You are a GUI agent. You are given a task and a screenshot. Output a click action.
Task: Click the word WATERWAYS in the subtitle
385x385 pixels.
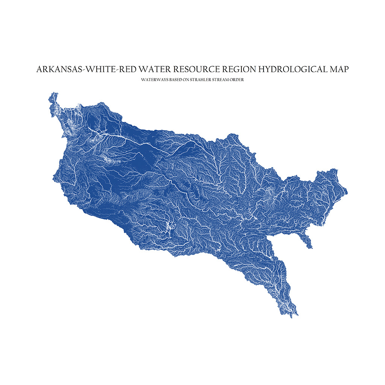[154, 80]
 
